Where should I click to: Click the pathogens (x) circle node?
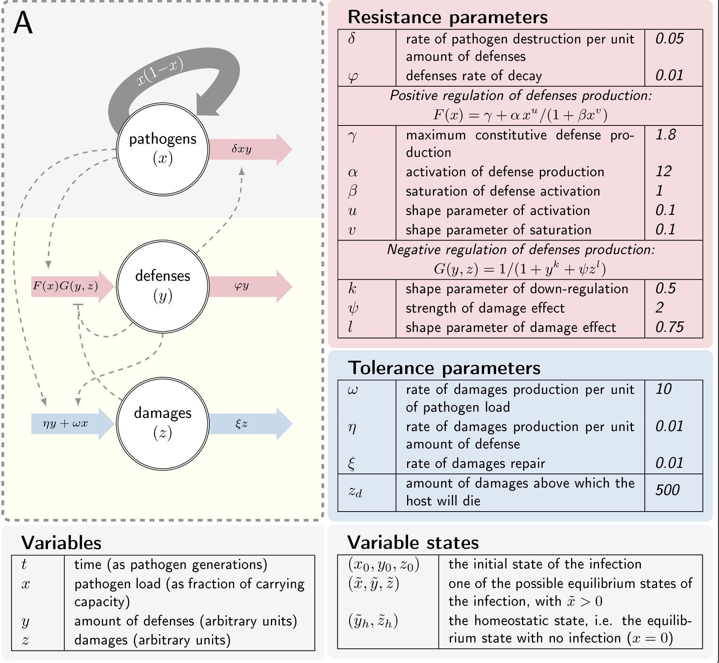point(163,149)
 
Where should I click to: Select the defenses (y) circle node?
point(163,286)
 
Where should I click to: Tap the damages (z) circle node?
point(163,423)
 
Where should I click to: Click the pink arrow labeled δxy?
point(248,149)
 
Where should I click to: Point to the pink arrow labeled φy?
point(248,287)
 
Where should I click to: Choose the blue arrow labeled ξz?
point(248,424)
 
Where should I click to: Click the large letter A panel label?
point(23,24)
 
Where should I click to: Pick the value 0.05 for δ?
point(669,39)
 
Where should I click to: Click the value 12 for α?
point(664,171)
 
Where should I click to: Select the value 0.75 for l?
point(669,327)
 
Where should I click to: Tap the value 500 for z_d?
point(668,490)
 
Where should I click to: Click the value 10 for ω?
point(664,389)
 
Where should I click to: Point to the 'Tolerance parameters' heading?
point(444,368)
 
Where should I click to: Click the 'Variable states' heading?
point(413,543)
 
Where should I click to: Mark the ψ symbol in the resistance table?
point(353,308)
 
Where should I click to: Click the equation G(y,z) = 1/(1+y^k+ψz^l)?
point(520,269)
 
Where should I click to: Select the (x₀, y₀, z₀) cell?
point(384,565)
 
